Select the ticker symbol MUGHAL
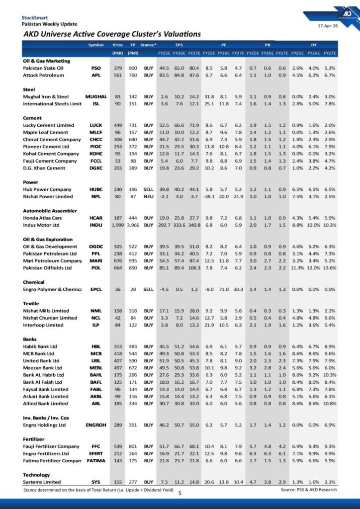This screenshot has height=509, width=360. coord(96,96)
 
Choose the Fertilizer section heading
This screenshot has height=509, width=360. coord(34,439)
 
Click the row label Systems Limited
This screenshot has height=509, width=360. coord(43,482)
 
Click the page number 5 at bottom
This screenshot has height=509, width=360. coord(180,493)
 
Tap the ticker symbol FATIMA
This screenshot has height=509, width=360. coord(96,461)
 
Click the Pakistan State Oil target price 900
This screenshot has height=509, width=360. coord(133,68)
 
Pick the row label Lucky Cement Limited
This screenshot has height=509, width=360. coord(48,125)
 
